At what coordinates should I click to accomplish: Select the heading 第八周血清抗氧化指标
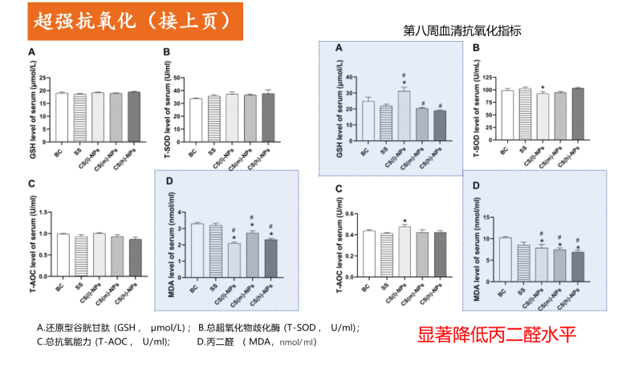(x=462, y=32)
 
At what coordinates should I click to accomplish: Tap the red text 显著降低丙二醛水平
(x=497, y=333)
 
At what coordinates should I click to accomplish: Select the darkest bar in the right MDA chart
(x=578, y=273)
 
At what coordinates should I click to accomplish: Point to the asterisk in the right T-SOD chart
(x=543, y=87)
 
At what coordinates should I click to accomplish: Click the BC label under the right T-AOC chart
(x=365, y=287)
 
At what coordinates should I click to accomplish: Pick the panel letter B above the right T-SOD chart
(x=476, y=48)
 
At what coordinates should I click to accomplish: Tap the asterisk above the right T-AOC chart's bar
(x=405, y=222)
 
